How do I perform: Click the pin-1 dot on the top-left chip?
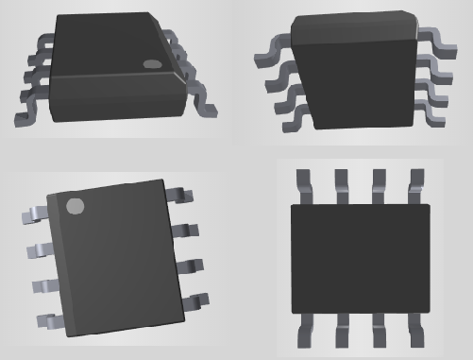click(152, 64)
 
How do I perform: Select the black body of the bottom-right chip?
click(359, 259)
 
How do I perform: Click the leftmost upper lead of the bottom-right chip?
click(304, 185)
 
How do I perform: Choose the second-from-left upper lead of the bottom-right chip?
click(340, 185)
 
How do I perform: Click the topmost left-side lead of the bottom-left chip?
click(32, 216)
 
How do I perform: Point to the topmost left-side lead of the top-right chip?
click(269, 58)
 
